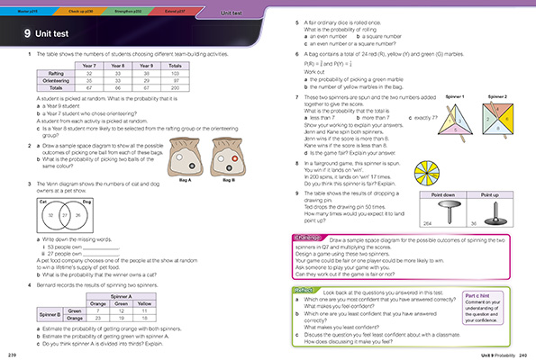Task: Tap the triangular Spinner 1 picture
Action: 432,120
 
